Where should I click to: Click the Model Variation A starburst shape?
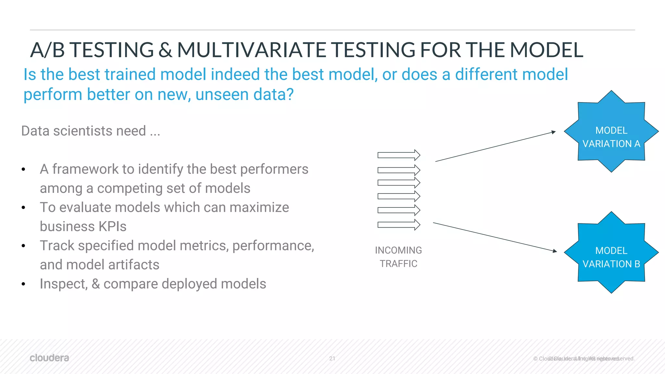[611, 131]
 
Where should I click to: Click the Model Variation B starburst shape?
[611, 253]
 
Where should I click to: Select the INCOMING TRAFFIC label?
[398, 257]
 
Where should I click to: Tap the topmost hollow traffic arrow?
[399, 155]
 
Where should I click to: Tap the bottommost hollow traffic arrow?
[399, 225]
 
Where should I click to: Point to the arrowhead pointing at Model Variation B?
[555, 251]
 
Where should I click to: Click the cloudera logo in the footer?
[49, 358]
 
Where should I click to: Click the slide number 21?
[332, 358]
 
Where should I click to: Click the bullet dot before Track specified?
[23, 246]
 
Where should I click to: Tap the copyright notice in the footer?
[583, 358]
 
